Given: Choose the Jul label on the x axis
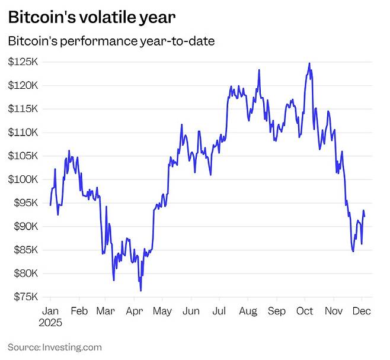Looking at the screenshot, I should [x=219, y=311].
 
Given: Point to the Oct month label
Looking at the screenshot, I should [x=305, y=311].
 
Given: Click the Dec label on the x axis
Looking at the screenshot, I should [x=363, y=311].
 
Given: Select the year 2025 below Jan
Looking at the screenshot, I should [x=52, y=324].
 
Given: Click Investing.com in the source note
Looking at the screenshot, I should [x=71, y=347].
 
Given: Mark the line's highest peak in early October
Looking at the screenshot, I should [x=309, y=63].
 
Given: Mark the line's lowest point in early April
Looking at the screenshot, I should [x=140, y=291].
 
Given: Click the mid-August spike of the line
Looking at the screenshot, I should [x=259, y=70].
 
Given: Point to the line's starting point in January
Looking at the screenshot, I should [x=50, y=205].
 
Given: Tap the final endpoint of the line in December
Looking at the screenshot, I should [x=365, y=216].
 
